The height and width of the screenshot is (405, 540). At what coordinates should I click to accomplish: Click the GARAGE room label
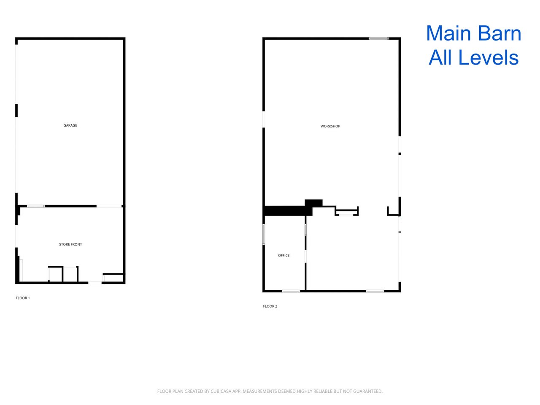pyautogui.click(x=70, y=125)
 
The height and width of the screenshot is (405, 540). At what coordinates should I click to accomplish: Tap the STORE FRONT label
pyautogui.click(x=70, y=244)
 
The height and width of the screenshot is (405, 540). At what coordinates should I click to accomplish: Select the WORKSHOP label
pyautogui.click(x=330, y=126)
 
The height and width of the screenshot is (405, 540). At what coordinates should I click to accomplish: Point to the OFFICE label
pyautogui.click(x=283, y=255)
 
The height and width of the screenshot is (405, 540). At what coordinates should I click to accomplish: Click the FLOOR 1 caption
pyautogui.click(x=23, y=298)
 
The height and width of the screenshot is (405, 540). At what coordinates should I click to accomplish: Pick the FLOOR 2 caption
pyautogui.click(x=270, y=306)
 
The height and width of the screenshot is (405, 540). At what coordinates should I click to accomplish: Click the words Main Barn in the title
pyautogui.click(x=474, y=33)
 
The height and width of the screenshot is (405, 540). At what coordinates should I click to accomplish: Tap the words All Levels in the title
pyautogui.click(x=474, y=57)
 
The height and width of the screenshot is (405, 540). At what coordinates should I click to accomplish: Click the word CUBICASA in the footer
pyautogui.click(x=220, y=391)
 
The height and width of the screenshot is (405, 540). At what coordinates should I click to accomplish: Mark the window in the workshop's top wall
pyautogui.click(x=378, y=38)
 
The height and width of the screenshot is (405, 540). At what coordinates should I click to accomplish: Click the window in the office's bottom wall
pyautogui.click(x=291, y=291)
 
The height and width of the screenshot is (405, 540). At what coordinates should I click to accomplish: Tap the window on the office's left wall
pyautogui.click(x=264, y=234)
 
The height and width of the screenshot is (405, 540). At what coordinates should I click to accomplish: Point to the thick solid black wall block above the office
pyautogui.click(x=288, y=211)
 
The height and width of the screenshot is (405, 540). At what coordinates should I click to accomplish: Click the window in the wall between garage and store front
pyautogui.click(x=36, y=206)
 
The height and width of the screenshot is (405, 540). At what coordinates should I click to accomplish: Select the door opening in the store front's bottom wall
pyautogui.click(x=95, y=283)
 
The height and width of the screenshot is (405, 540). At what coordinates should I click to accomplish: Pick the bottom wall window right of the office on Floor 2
pyautogui.click(x=375, y=291)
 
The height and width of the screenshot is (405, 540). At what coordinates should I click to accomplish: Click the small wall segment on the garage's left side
pyautogui.click(x=16, y=111)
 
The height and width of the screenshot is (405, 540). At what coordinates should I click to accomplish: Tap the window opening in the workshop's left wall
pyautogui.click(x=264, y=119)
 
